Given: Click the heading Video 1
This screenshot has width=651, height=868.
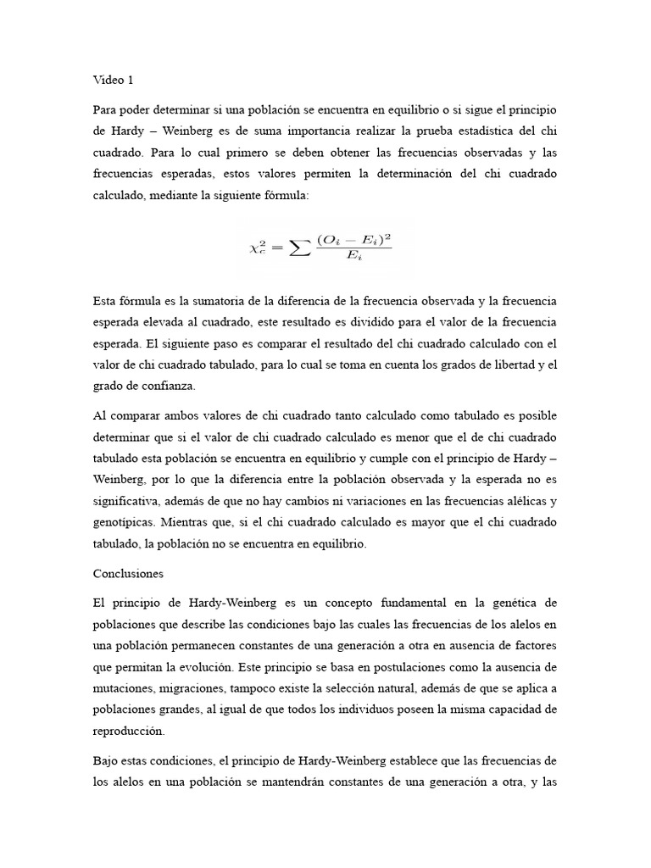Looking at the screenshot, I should pos(113,81).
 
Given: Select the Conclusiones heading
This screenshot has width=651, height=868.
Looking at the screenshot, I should pos(128,574).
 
